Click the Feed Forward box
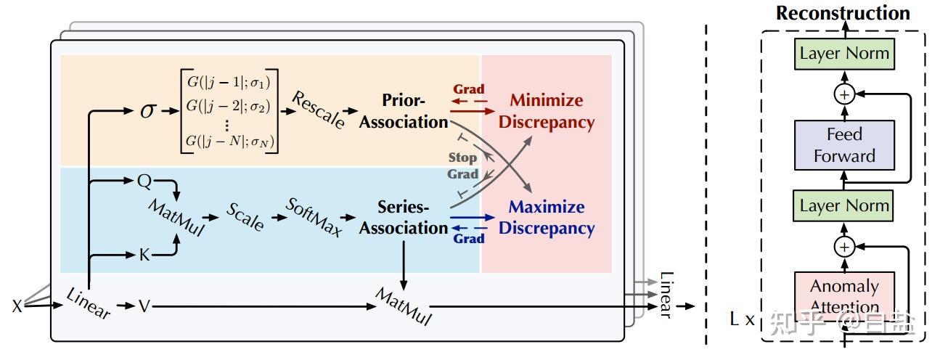click(843, 145)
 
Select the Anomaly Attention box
click(843, 296)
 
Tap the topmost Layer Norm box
click(843, 54)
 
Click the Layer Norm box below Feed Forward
click(843, 206)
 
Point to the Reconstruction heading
click(843, 13)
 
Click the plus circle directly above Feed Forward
click(843, 95)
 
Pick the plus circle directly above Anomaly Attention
click(843, 247)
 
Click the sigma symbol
click(148, 112)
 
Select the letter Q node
click(143, 180)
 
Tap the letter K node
click(144, 255)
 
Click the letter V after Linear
click(144, 307)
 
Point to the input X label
click(17, 307)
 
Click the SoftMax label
click(314, 216)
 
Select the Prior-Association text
click(404, 111)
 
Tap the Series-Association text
click(404, 217)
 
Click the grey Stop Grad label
click(463, 165)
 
